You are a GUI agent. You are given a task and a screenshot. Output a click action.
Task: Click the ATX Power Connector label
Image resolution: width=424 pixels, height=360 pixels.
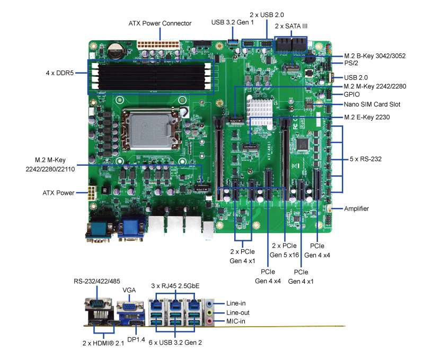(160, 23)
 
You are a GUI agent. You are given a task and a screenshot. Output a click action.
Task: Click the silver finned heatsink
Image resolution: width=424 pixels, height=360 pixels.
(261, 111)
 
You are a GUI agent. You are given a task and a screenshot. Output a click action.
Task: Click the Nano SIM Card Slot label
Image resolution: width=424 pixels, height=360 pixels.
(372, 104)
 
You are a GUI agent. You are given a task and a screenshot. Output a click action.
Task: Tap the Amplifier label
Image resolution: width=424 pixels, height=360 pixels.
(356, 209)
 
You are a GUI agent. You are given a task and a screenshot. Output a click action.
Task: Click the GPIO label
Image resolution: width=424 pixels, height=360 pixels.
(351, 95)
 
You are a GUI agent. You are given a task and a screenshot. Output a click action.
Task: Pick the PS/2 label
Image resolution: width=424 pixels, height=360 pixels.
(351, 64)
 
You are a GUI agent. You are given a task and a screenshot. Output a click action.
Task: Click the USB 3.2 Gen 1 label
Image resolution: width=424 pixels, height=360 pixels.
(232, 22)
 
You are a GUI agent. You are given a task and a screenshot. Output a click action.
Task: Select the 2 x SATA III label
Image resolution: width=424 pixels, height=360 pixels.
(291, 25)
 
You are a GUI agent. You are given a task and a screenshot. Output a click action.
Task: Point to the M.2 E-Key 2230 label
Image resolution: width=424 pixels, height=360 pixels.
(367, 117)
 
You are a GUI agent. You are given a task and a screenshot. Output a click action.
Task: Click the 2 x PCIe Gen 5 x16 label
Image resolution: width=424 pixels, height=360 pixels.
(285, 250)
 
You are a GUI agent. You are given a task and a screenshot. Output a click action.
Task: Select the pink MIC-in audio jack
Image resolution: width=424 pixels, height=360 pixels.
(210, 320)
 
